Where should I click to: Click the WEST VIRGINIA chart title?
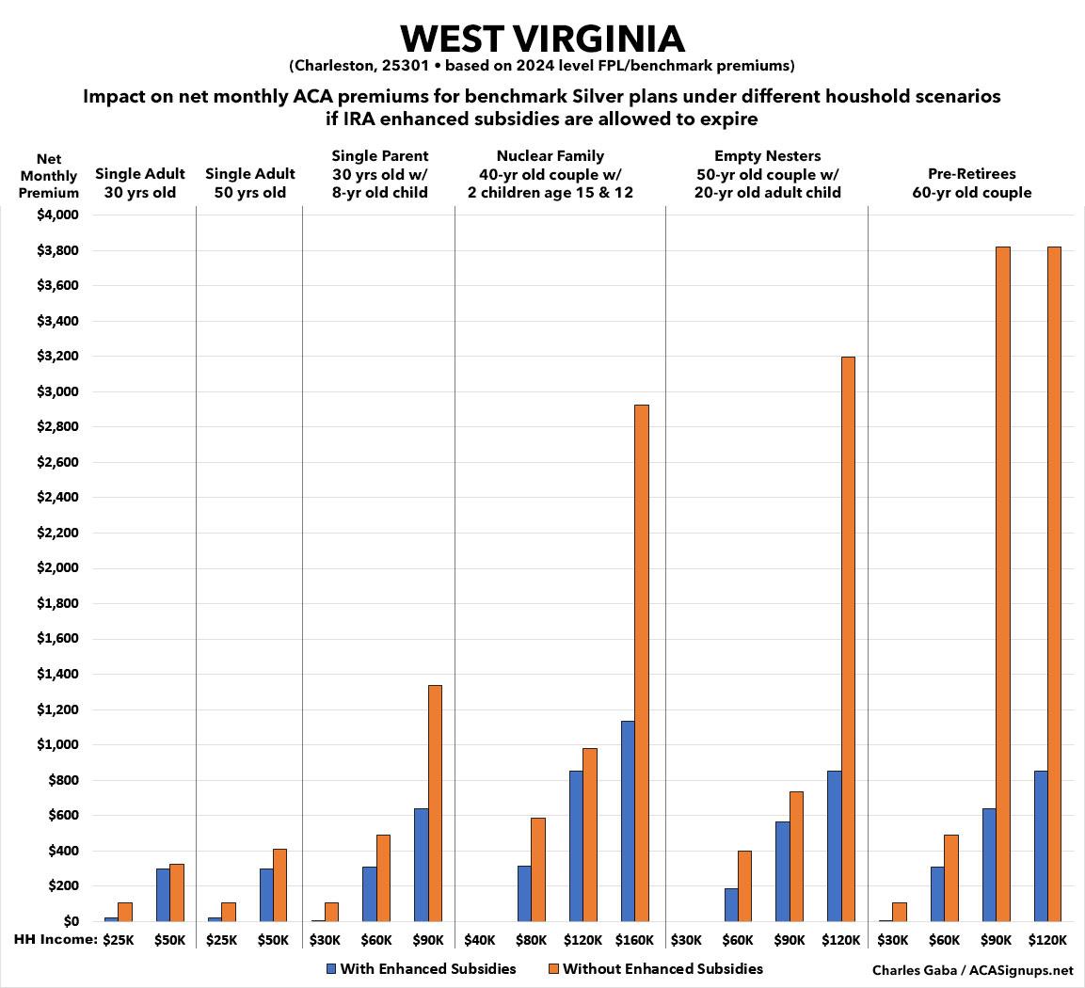click(542, 39)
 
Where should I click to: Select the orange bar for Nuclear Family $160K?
click(642, 662)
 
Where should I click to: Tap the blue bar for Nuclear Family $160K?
click(628, 821)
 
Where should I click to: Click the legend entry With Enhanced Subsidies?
click(421, 968)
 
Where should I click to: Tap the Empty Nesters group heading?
click(768, 174)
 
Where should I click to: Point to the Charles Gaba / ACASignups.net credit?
click(973, 970)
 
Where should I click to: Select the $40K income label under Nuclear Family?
click(480, 939)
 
